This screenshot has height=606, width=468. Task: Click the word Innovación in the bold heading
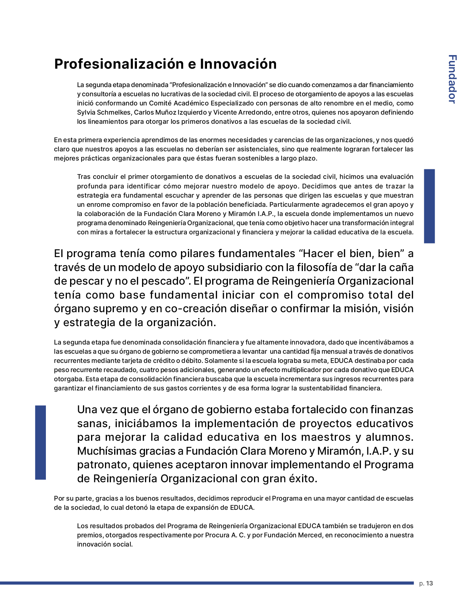(x=238, y=64)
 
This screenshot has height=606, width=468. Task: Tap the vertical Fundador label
(x=452, y=79)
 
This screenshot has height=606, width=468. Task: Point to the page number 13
(x=429, y=583)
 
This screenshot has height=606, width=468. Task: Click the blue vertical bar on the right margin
(x=429, y=206)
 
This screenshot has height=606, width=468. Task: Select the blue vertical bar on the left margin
(x=40, y=442)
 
